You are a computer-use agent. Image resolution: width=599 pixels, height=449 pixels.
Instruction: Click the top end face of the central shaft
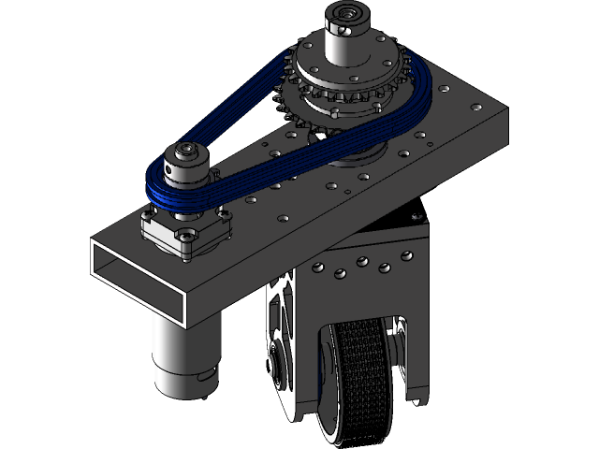345,13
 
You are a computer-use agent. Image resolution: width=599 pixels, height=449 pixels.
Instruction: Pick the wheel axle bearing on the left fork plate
279,360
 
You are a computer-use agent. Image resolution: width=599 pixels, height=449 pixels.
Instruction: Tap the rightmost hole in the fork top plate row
406,256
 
